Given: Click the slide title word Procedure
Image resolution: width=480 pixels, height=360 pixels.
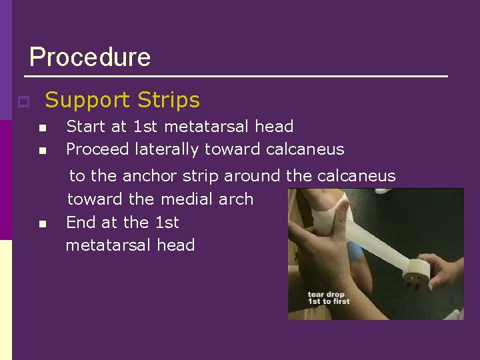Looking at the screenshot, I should (x=90, y=57).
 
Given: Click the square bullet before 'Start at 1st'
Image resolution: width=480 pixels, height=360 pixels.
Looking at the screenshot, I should (x=42, y=128).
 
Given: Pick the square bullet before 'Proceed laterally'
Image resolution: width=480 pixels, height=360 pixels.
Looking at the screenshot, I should (x=42, y=151).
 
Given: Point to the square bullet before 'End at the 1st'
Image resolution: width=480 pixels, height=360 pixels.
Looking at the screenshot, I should (x=42, y=223).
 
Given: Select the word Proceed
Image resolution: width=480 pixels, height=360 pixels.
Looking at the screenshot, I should (x=97, y=149).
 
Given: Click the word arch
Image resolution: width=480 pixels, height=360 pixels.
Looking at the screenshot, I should (x=236, y=199).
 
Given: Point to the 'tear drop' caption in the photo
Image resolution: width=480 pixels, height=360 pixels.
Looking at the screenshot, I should (x=324, y=294).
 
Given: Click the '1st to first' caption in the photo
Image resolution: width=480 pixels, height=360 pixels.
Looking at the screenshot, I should (x=328, y=302).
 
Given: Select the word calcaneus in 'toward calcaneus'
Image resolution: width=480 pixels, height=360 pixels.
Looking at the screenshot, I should (x=305, y=149).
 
